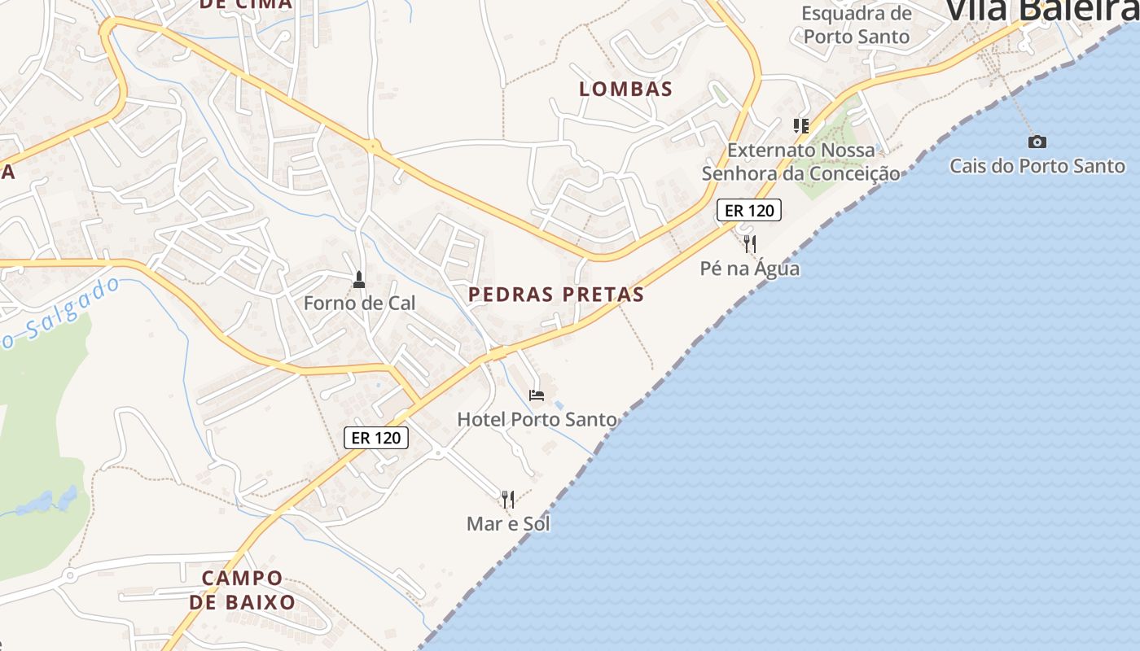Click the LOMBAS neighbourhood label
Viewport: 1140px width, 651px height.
click(x=625, y=89)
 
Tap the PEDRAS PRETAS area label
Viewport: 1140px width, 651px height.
click(x=556, y=295)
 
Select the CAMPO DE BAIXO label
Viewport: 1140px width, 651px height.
click(x=242, y=590)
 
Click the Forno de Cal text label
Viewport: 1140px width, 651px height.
click(x=359, y=303)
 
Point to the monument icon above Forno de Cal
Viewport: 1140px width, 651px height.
click(x=358, y=280)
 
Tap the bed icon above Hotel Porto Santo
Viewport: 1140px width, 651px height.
click(x=537, y=395)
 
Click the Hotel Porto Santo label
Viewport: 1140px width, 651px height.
click(x=537, y=419)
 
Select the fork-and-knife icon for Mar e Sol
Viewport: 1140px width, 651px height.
click(x=508, y=498)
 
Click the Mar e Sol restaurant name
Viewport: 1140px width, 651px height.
click(x=508, y=523)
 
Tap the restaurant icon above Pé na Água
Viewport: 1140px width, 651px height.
click(x=750, y=242)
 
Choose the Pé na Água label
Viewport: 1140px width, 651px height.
click(x=750, y=268)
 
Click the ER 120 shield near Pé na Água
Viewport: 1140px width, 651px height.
click(x=748, y=210)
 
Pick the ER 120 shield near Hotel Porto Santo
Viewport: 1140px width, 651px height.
click(x=375, y=437)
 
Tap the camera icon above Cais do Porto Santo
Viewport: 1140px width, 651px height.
click(x=1037, y=142)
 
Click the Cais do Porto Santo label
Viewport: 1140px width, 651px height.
click(x=1037, y=166)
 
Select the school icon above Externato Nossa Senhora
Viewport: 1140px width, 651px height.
click(x=801, y=125)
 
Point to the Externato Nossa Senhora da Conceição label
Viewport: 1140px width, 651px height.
click(x=801, y=161)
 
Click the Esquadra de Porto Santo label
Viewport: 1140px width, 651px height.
click(x=856, y=24)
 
